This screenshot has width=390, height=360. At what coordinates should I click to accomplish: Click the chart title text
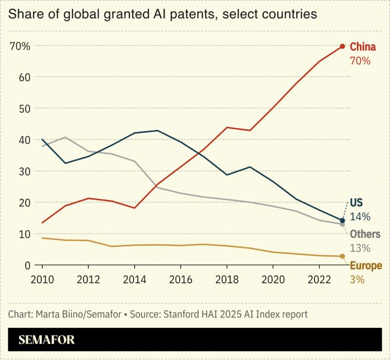coord(163,14)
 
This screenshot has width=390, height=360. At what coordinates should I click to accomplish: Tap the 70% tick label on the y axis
coord(20,46)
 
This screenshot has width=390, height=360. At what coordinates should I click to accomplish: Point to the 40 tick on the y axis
coord(24,140)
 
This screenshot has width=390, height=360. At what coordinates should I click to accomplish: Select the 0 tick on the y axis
coord(27,265)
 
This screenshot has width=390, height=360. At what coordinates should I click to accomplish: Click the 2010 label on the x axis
coord(42,281)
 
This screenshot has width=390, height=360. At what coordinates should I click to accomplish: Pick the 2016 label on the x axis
coord(181,281)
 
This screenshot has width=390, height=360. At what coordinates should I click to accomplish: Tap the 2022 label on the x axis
coord(319,281)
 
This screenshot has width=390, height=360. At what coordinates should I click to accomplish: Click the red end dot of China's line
coord(342,46)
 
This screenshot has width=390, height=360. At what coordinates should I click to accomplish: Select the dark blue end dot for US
coord(342,220)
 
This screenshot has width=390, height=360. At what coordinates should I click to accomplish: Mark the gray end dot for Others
coord(342,224)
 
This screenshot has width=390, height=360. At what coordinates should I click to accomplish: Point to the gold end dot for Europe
coord(342,256)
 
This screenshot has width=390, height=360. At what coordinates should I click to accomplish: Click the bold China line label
coord(363,47)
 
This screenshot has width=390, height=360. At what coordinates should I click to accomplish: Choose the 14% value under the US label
coord(360,217)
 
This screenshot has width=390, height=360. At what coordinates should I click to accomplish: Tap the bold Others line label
coord(365,235)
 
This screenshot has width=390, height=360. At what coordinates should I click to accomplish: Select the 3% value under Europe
coord(357,280)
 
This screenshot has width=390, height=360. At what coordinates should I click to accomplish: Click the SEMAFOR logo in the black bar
coord(47,340)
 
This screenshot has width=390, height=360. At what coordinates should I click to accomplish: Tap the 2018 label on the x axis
coord(226,281)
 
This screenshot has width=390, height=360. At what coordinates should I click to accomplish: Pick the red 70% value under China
coord(360,61)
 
